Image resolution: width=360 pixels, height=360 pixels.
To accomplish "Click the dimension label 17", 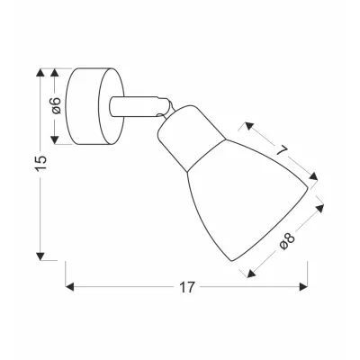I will pos(187,290).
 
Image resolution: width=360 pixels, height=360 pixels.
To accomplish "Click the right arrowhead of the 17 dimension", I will pos(304,289).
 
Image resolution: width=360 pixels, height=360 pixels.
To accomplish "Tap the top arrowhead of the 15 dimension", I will pos(42,69).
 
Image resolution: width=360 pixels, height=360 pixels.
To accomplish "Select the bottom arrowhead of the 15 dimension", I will pos(42,254).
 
